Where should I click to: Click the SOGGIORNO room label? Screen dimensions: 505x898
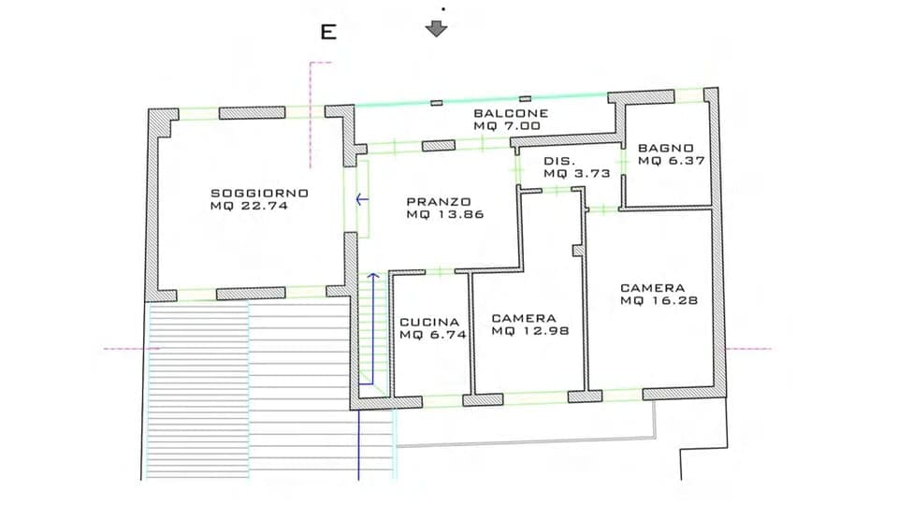coord(259,193)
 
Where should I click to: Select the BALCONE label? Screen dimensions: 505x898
coord(510,113)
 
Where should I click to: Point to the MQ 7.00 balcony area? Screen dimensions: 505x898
coord(507,125)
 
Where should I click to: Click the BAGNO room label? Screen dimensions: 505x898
coord(666,148)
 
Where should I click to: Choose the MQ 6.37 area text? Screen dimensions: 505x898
coord(666,161)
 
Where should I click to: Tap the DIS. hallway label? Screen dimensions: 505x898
coord(558,161)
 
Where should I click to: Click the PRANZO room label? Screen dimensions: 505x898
coord(438,201)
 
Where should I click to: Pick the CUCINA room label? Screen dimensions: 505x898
coord(429,321)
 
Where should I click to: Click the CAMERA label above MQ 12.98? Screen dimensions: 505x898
coord(524,318)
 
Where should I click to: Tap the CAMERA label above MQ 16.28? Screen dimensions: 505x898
coord(653,288)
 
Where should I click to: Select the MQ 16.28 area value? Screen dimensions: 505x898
coord(659,301)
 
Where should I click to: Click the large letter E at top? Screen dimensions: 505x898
coord(328,33)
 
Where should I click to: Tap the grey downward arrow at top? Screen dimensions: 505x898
coord(436,28)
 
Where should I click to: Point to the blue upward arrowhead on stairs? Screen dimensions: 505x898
coord(373,277)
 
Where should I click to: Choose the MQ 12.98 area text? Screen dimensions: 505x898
coord(529,331)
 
